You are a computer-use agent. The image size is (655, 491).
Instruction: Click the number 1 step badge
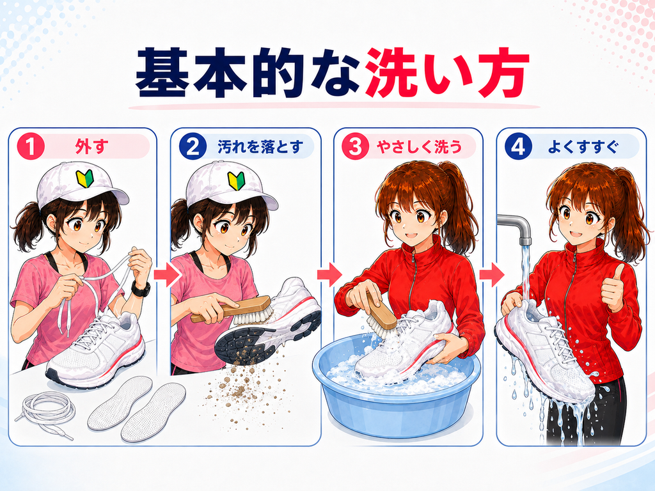(x=31, y=147)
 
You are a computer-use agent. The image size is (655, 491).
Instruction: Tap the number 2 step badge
(x=193, y=147)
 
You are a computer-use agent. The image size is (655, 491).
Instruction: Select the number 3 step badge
(x=356, y=147)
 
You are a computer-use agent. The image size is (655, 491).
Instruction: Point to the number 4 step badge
(x=518, y=147)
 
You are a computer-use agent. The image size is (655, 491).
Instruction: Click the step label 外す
(x=91, y=147)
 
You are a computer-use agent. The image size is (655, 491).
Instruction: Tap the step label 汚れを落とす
(x=260, y=147)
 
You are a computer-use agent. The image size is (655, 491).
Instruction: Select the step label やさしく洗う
(x=419, y=147)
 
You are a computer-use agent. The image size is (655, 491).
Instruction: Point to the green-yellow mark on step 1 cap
(x=84, y=179)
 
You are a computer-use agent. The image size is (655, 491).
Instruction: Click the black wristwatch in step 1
(x=140, y=288)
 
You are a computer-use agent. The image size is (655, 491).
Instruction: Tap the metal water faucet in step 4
(x=516, y=228)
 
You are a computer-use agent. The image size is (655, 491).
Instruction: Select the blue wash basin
(x=397, y=384)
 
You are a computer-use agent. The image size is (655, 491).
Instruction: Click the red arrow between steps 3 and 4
(x=492, y=274)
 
